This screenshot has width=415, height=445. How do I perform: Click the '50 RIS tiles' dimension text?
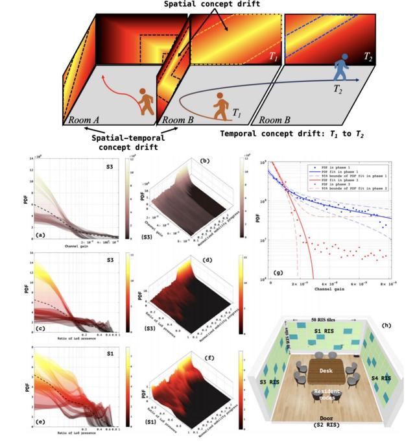pos(327,319)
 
